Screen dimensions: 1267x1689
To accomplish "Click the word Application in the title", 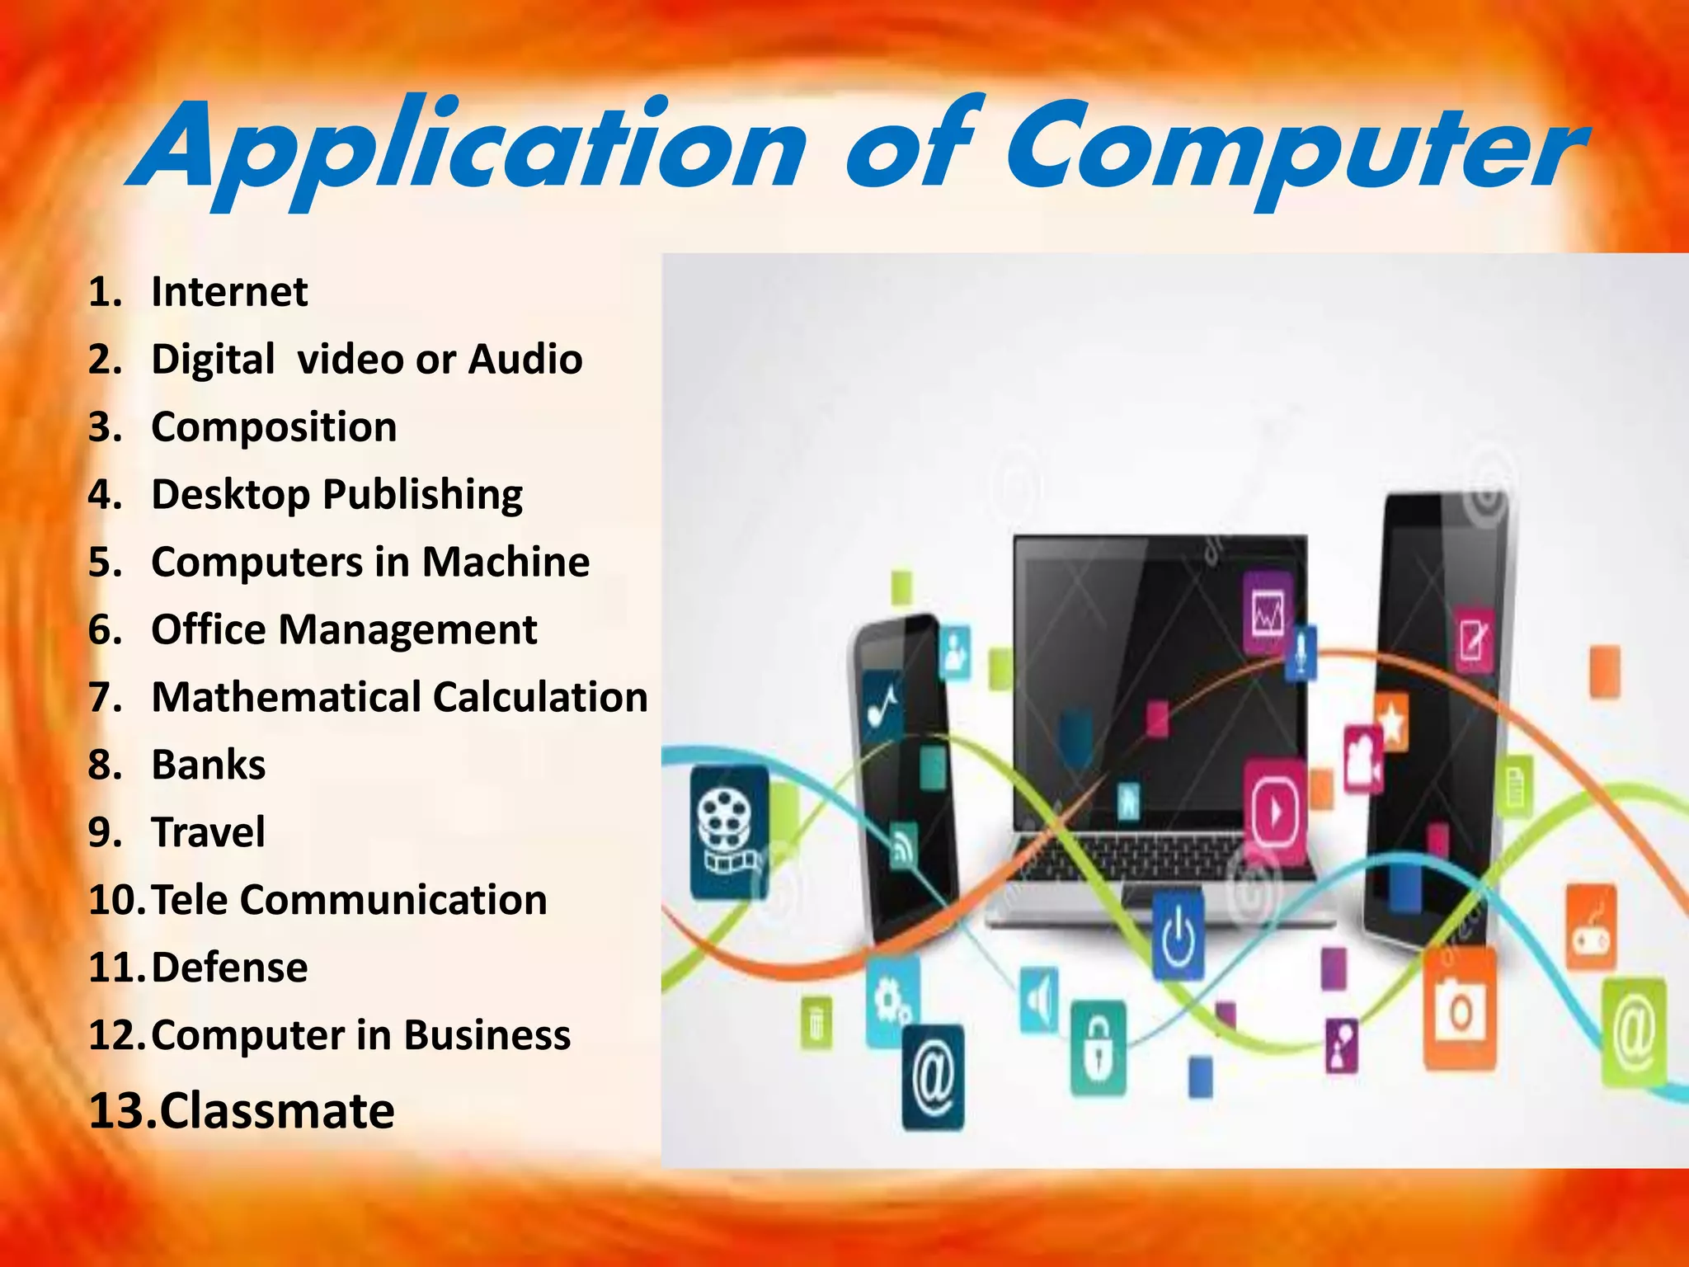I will [x=466, y=148].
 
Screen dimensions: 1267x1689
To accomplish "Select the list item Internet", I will [x=229, y=292].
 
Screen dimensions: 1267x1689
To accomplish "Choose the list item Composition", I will [x=274, y=427].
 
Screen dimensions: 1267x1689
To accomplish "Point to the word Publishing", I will [x=422, y=495].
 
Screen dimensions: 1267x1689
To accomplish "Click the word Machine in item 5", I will [x=506, y=563].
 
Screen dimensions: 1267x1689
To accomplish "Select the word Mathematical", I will [x=285, y=698].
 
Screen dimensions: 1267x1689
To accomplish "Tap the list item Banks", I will [x=209, y=765].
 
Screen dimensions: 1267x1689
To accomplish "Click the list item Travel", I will [x=209, y=832].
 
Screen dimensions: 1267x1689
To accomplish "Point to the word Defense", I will [x=229, y=968].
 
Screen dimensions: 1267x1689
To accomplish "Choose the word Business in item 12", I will [x=487, y=1035].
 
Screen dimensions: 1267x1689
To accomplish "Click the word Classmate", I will [x=277, y=1111].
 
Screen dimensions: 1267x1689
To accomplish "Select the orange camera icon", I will [x=1460, y=1009].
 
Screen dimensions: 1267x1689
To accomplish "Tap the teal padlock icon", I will [x=1098, y=1048].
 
